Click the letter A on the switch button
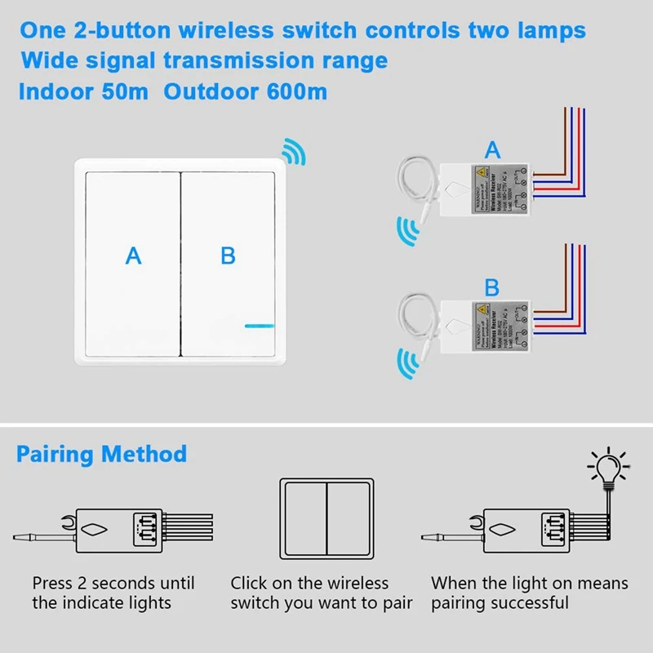[133, 255]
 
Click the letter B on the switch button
[228, 255]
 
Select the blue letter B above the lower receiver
[492, 287]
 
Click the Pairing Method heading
[101, 454]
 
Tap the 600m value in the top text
[296, 91]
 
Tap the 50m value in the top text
[123, 91]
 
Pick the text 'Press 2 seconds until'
[113, 583]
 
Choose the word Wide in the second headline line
[48, 60]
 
